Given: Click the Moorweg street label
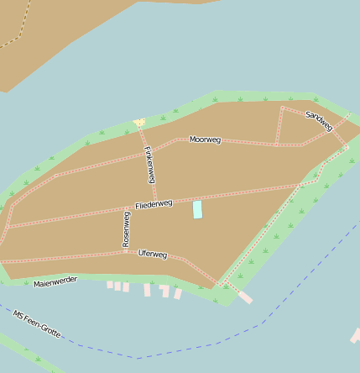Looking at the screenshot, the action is (206, 139).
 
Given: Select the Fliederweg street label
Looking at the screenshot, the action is (154, 204).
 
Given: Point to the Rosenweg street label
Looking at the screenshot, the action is (127, 229).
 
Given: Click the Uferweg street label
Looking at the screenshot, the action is (153, 254).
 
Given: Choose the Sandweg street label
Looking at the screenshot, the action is (320, 121).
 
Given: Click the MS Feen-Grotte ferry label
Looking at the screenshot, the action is (37, 323).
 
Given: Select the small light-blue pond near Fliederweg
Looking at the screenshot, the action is (198, 209).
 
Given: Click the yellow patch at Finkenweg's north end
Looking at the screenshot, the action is (139, 123).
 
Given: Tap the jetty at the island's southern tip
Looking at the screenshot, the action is (244, 297).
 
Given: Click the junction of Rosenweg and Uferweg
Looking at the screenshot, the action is (126, 250).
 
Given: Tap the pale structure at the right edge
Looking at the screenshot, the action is (356, 336).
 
